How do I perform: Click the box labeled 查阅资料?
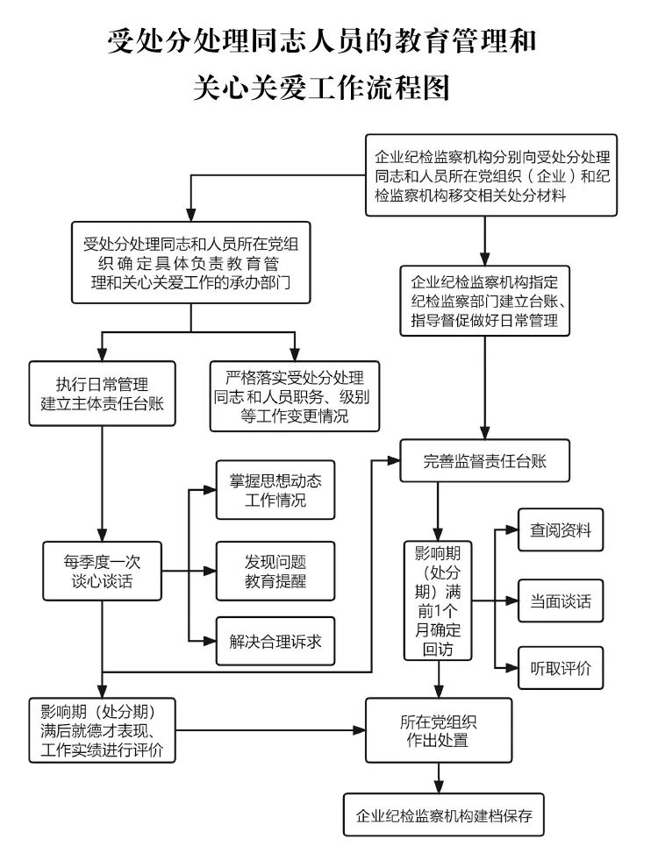pos(560,530)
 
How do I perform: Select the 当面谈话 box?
pos(560,601)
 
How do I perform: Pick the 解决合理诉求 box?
pos(275,642)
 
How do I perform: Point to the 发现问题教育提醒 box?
pos(275,571)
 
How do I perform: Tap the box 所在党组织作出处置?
pos(438,730)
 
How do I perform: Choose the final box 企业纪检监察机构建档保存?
pos(438,815)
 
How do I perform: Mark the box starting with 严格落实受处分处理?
pos(294,397)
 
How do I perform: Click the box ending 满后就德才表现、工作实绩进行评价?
pos(102,729)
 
